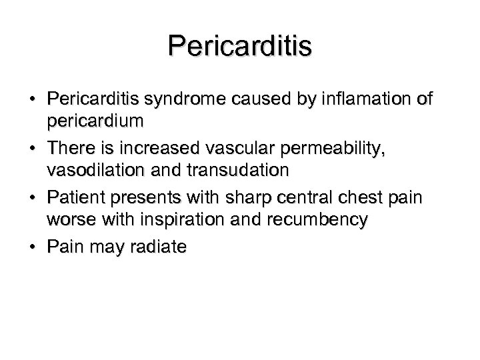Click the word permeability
pyautogui.click(x=337, y=149)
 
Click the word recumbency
pyautogui.click(x=323, y=219)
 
